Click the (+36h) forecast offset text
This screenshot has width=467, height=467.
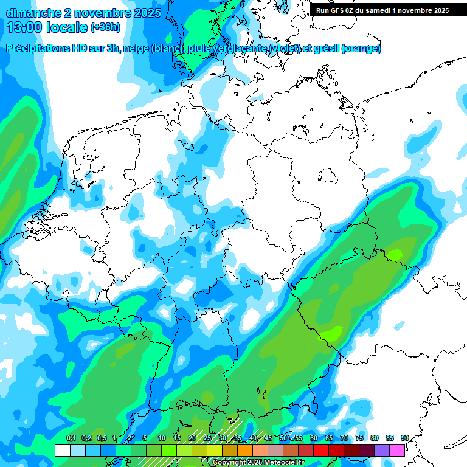(105, 27)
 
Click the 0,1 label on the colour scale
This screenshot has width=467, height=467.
(71, 438)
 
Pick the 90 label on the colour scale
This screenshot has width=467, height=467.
(404, 438)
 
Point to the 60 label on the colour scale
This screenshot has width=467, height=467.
(314, 438)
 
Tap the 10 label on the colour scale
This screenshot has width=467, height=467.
(162, 438)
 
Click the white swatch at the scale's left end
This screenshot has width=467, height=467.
(62, 450)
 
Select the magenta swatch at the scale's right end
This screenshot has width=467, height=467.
(397, 450)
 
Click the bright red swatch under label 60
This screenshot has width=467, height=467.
(306, 450)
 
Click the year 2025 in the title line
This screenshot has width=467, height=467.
(145, 13)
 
